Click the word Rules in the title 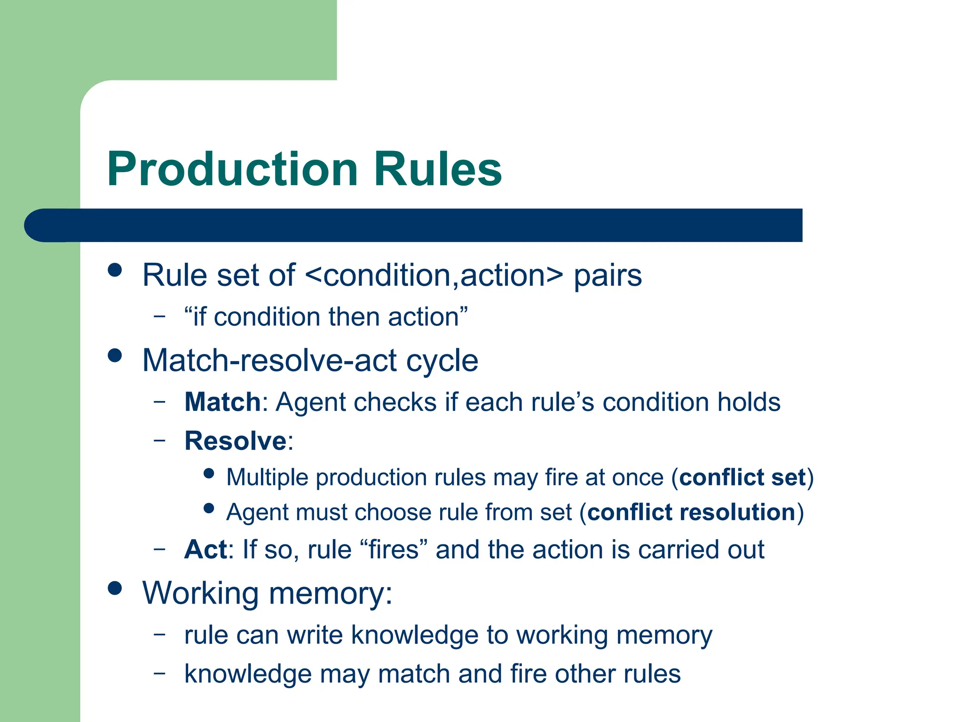[438, 169]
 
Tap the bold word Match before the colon [222, 402]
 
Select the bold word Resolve [235, 441]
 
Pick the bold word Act [205, 549]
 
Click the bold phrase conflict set [742, 478]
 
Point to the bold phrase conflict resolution [691, 512]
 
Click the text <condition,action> [434, 275]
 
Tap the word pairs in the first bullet [608, 276]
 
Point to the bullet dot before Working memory [115, 588]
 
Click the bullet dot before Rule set [115, 270]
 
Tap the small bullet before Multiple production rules [209, 473]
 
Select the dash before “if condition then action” [160, 316]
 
